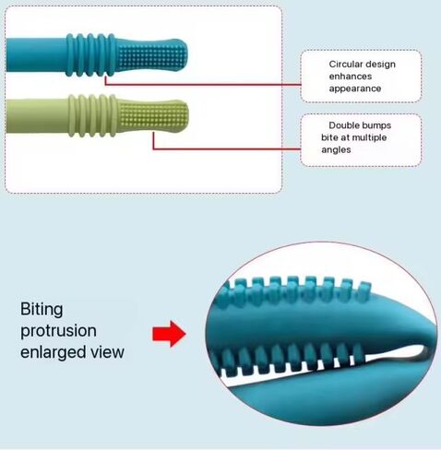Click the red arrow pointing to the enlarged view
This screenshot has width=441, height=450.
point(169,334)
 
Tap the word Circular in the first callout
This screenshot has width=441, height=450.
point(345,65)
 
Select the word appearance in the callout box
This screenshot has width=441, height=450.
point(355,89)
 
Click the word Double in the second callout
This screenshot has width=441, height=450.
point(343,125)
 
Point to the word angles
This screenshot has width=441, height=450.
point(336,150)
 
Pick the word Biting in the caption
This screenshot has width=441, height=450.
point(42,309)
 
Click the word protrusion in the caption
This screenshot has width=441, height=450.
point(58,331)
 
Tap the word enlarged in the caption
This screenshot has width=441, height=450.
point(53,352)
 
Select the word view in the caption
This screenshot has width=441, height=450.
point(107,352)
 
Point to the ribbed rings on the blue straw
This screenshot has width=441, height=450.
point(90,55)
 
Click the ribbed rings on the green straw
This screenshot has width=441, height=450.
point(92,115)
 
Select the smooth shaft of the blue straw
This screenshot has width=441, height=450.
point(36,55)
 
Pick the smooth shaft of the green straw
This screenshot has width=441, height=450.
point(37,116)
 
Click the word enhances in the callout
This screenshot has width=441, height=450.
point(351,77)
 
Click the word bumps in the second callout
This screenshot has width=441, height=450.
point(375,125)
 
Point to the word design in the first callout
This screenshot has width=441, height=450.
point(379,65)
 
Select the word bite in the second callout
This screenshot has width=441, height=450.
point(329,137)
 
